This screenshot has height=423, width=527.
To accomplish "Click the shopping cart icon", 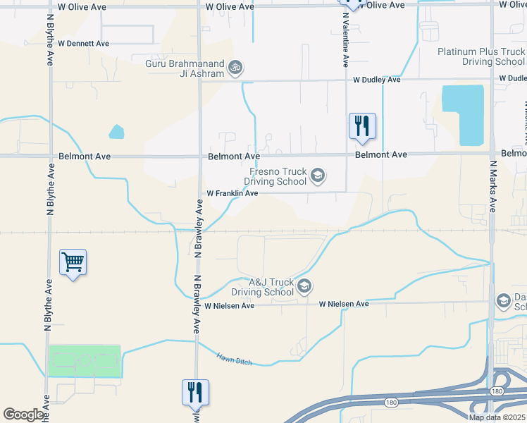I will click(73, 264).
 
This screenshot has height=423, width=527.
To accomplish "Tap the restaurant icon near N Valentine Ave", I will click(362, 127).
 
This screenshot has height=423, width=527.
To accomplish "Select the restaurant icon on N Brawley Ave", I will click(196, 393).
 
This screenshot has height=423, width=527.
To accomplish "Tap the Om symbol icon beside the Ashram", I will click(236, 68).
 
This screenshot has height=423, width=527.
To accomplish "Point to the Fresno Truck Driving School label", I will click(276, 176).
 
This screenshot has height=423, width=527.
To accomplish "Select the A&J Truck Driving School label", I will click(261, 286).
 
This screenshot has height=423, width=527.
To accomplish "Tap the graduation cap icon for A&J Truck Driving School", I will click(304, 286).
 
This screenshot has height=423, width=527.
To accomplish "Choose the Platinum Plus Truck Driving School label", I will click(480, 56).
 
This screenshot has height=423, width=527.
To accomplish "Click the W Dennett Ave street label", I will click(83, 43).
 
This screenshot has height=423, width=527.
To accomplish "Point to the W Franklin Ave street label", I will click(232, 193).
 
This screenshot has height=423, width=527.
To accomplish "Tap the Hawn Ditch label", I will click(234, 359).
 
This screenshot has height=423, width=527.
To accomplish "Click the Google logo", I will click(23, 415).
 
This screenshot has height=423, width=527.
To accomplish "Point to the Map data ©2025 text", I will click(496, 417).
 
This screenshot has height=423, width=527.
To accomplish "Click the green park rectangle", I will click(85, 361).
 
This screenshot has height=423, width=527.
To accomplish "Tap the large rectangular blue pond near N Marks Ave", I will click(464, 115).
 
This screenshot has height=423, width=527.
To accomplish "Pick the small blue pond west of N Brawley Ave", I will click(116, 132).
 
